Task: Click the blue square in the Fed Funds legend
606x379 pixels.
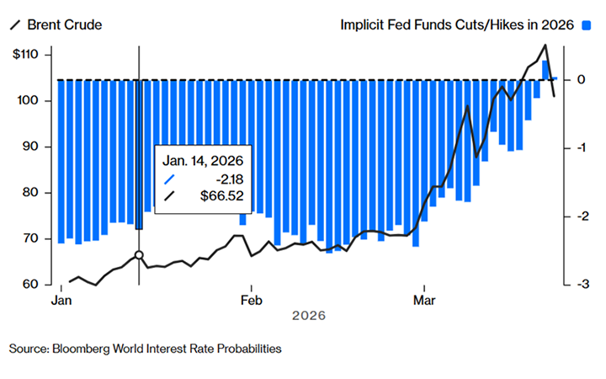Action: click(591, 25)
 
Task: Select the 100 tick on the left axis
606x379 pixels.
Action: click(30, 101)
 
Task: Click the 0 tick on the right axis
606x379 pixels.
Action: click(581, 80)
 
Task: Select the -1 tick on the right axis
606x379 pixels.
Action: click(579, 148)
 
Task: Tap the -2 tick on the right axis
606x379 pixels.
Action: click(579, 216)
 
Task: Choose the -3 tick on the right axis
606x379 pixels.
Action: click(579, 285)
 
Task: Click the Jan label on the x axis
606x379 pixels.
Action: click(61, 300)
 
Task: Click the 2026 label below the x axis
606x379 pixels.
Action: click(308, 316)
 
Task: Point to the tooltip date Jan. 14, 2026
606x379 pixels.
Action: click(203, 160)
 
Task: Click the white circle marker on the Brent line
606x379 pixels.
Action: click(139, 254)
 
